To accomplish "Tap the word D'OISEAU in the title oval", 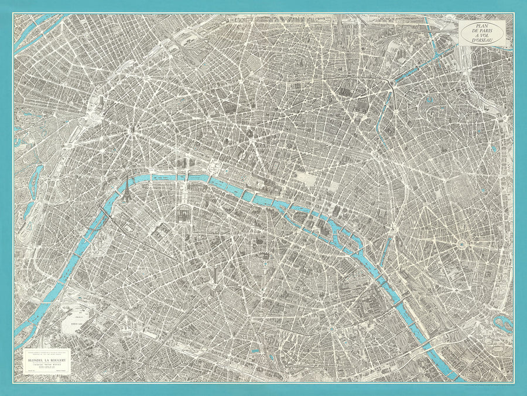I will pos(482,40).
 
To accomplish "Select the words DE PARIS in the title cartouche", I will pos(482,32).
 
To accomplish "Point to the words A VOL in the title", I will pos(482,36).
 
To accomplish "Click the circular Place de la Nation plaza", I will pos(462,243).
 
